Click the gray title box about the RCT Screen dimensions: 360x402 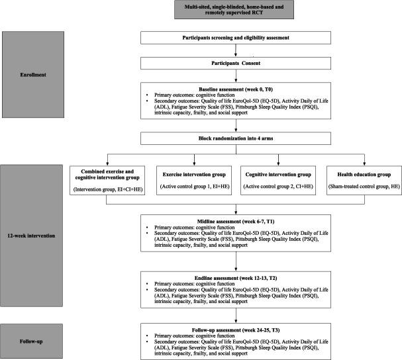224,11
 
